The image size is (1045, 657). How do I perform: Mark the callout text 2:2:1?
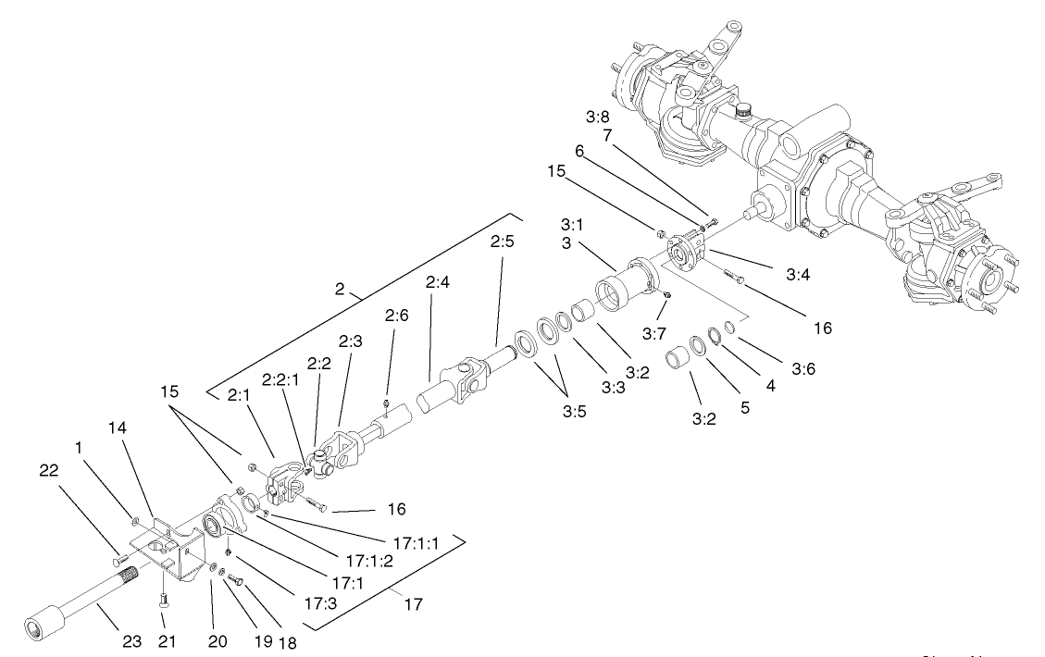tap(281, 381)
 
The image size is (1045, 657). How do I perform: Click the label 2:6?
tap(396, 340)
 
